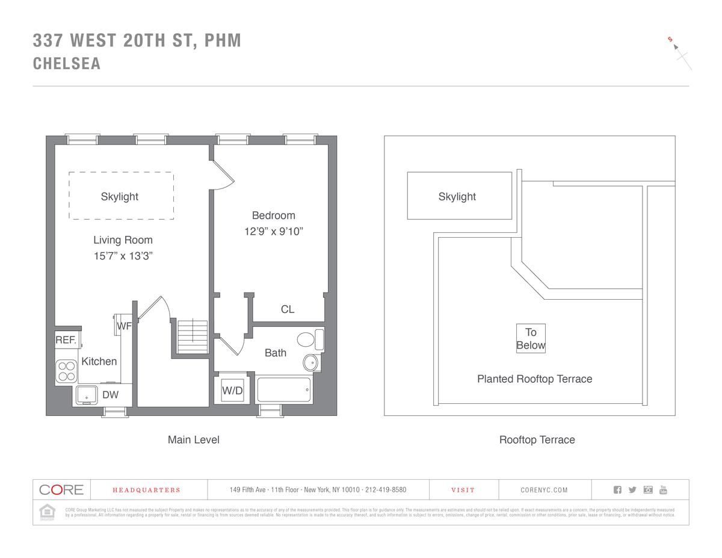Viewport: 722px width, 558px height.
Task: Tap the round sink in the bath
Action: coord(310,362)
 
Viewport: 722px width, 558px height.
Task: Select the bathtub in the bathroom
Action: coord(283,389)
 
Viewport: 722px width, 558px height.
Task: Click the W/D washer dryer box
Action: coord(232,391)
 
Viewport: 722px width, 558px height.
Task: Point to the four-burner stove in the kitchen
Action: coord(66,371)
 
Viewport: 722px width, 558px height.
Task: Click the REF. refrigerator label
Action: coord(66,340)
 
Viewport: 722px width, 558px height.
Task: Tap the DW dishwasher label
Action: coord(110,395)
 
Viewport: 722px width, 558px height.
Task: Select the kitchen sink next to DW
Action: coord(87,395)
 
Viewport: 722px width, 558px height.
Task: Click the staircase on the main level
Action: coord(193,336)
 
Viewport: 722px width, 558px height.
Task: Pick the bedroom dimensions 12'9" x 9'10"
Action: coord(273,232)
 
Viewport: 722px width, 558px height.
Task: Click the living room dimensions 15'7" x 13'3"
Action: coord(123,256)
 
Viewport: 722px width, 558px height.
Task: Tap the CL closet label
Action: coord(288,309)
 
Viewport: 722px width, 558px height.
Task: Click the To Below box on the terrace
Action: coord(531,338)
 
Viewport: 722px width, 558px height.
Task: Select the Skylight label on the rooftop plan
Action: coord(457,196)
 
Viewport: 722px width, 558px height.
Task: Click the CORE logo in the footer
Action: coord(61,489)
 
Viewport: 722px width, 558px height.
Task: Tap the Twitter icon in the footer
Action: coord(632,489)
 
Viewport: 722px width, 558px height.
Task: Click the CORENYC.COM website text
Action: coord(544,490)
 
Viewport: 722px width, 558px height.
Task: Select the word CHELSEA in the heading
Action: coord(67,64)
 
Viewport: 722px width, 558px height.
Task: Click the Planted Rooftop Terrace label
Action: coord(534,379)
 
